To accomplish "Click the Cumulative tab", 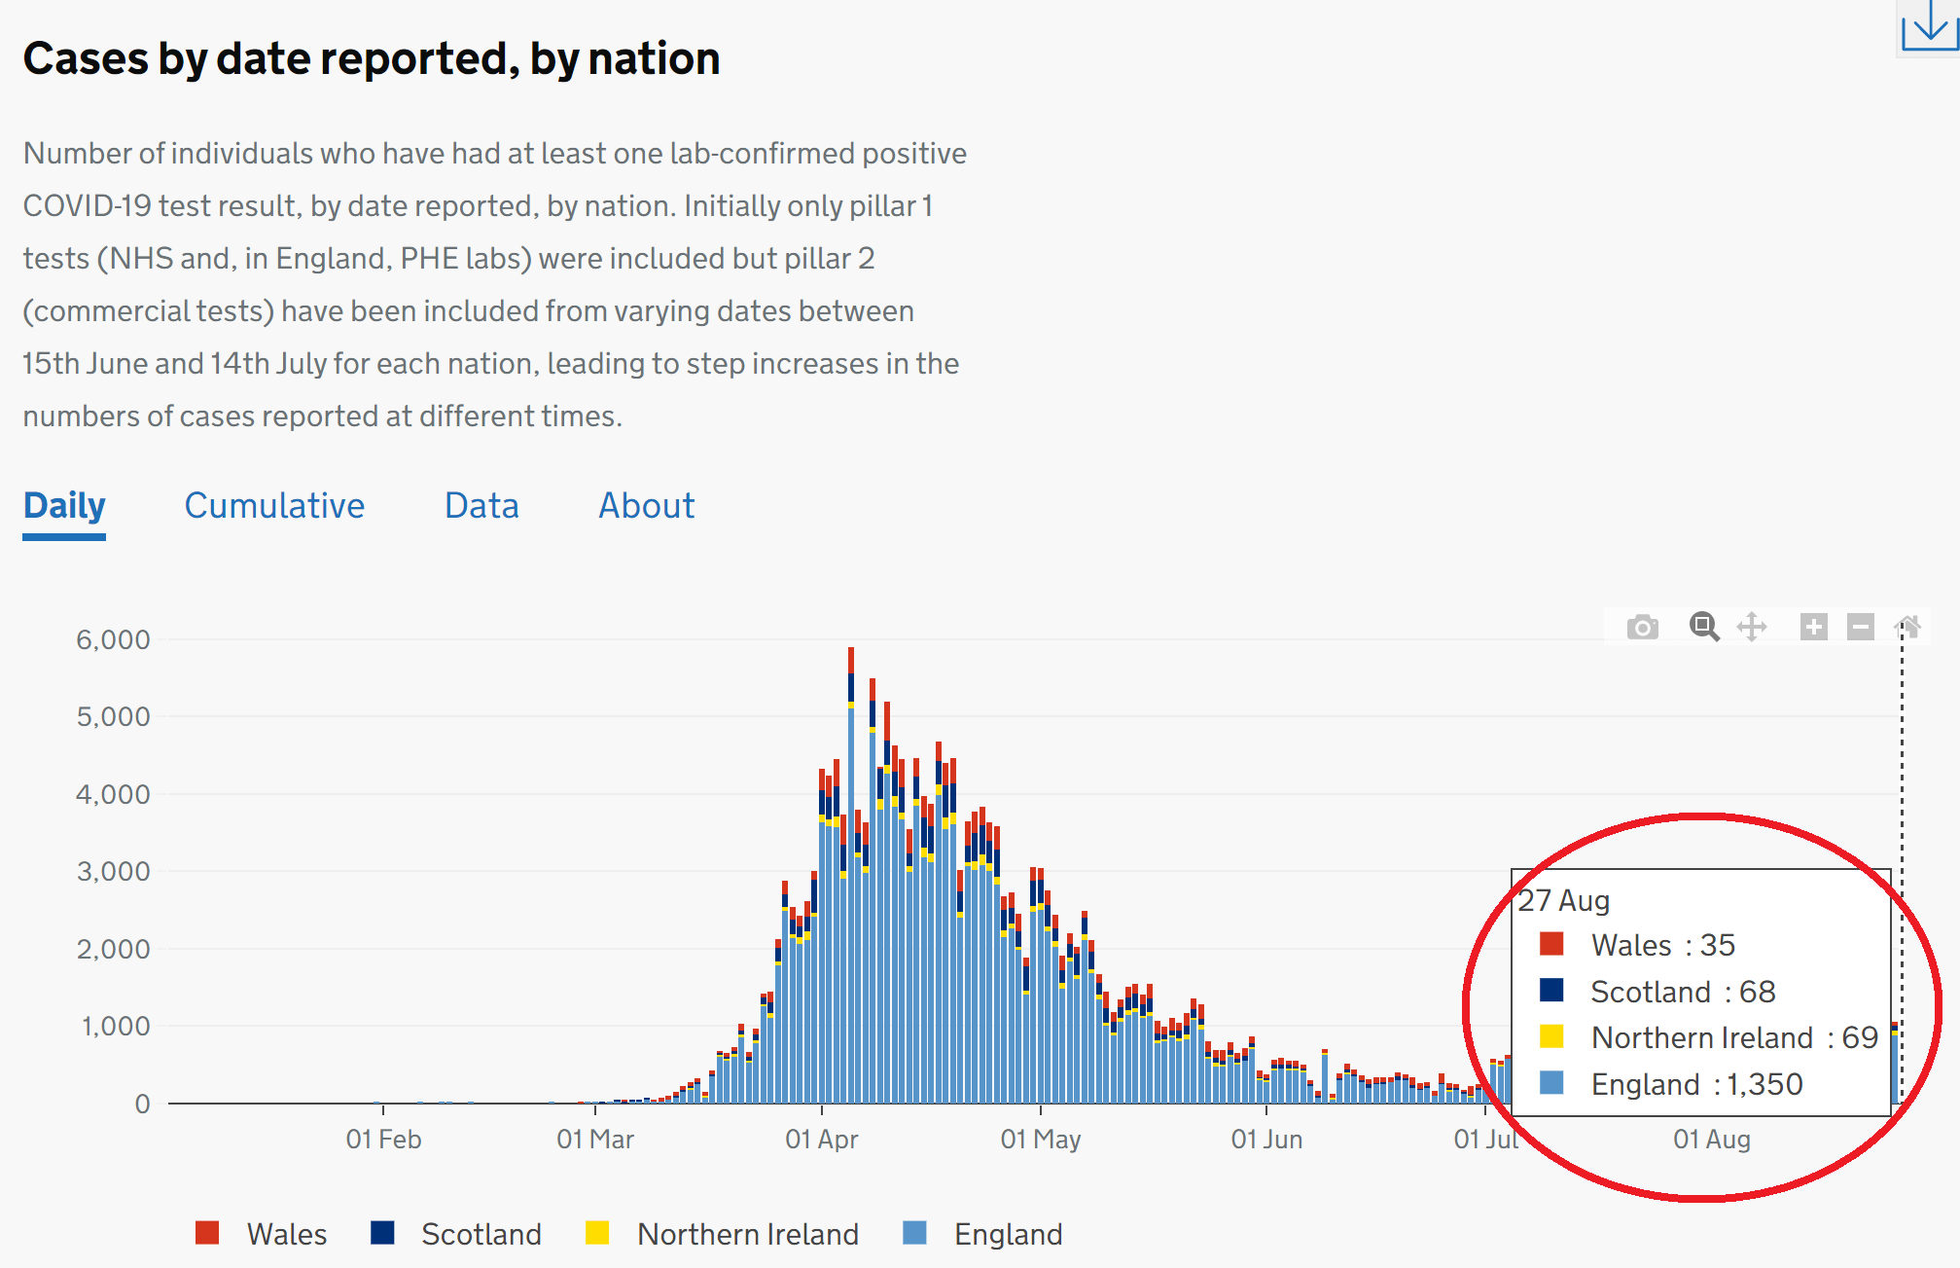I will click(274, 506).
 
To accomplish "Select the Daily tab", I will click(64, 506).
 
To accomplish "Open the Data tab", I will click(481, 506).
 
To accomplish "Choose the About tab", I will click(646, 506).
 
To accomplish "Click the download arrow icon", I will click(1929, 25).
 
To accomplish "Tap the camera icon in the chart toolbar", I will click(1642, 627).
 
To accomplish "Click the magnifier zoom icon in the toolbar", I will click(1703, 627).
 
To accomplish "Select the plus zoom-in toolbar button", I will click(1813, 627).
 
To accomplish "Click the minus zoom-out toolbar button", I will click(1861, 627).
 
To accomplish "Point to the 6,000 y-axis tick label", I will click(113, 639).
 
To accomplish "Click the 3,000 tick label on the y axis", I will click(113, 871).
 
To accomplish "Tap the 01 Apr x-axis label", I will click(822, 1139).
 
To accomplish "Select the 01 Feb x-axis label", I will click(383, 1139).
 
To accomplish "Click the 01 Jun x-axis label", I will click(1266, 1139).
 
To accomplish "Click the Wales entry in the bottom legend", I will click(286, 1234).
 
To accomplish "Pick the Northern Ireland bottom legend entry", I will click(747, 1234).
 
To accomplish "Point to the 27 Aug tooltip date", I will click(1564, 900).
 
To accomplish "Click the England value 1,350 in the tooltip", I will click(1764, 1084).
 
